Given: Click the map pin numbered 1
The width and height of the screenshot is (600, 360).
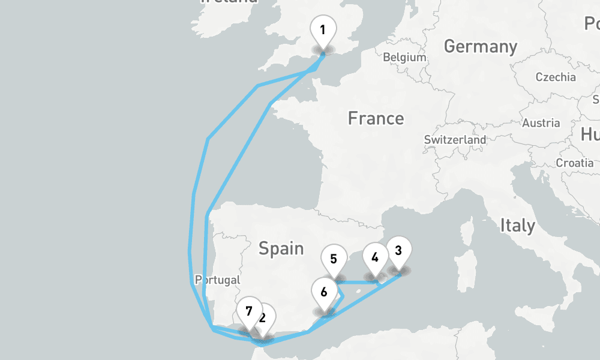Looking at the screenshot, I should pos(323,30).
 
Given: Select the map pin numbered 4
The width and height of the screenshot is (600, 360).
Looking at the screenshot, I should pos(375,258).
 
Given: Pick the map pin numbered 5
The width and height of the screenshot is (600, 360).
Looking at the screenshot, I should pos(334,260).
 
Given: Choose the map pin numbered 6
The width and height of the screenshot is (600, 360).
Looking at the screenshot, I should pos(324,293).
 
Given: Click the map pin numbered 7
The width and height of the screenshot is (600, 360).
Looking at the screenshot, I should pos(248,311).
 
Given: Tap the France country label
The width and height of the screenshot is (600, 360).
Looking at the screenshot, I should pos(376,118).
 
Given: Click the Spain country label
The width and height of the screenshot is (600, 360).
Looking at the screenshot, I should pos(281,248).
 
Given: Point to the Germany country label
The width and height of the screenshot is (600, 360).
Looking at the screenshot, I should pos(480,46).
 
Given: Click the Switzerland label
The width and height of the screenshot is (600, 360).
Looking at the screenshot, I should pos(455,139).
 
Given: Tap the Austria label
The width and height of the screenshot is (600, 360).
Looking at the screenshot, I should pos(541,123).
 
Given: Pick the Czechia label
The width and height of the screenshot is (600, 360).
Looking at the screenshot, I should pos(555,77).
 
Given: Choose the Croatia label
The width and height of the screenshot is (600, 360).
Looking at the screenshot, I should pos(575,163).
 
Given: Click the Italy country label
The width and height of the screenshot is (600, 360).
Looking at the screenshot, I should pos(517,226).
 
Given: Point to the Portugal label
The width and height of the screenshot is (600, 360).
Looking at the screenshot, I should pos(217,280).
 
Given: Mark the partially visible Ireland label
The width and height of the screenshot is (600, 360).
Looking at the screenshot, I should pos(229,2).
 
